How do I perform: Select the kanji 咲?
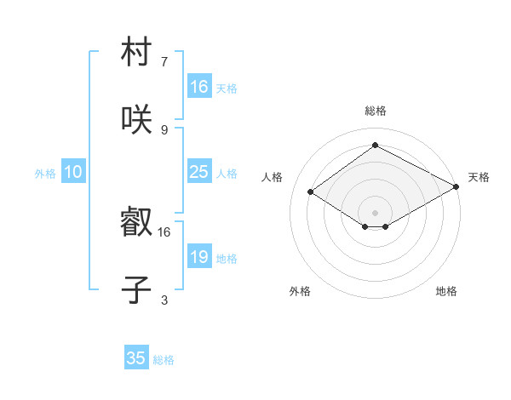(x=136, y=119)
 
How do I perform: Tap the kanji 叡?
(x=136, y=224)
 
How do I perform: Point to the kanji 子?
(x=136, y=289)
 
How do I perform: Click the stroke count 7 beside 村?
(x=164, y=62)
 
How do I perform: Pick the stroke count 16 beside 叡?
(x=164, y=231)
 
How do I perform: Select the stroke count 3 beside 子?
(x=164, y=300)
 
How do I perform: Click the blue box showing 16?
(x=198, y=87)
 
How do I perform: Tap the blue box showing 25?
(x=198, y=172)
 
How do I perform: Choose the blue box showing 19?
(x=198, y=257)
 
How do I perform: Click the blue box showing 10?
(x=73, y=172)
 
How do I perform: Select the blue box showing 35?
(x=136, y=358)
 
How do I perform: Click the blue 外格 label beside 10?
(x=45, y=174)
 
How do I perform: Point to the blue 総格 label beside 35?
(x=164, y=360)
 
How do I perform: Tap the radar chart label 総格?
(x=376, y=111)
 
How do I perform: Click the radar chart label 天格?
(x=479, y=177)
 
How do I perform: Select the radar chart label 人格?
(x=273, y=177)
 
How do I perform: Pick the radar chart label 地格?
(x=446, y=291)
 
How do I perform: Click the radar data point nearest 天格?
(x=456, y=186)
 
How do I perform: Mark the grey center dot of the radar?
(x=375, y=212)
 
